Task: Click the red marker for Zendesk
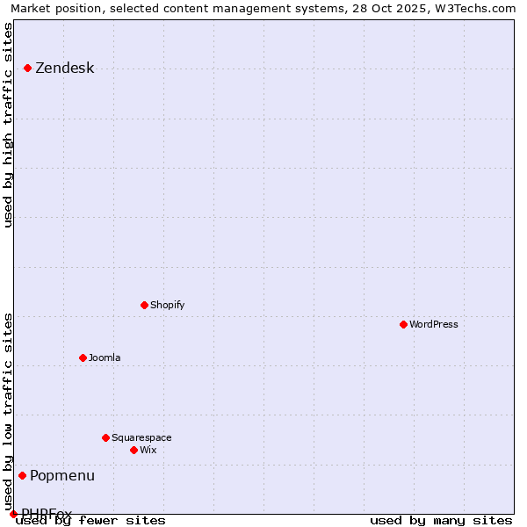point(28,68)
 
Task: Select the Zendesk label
point(64,69)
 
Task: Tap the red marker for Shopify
point(145,305)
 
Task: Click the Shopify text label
point(167,306)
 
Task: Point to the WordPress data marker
point(404,324)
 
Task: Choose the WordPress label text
point(433,325)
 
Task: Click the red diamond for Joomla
point(83,357)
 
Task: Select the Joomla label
point(105,358)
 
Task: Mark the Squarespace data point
point(106,437)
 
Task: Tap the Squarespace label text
point(141,438)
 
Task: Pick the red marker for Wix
point(134,450)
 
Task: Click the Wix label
point(148,451)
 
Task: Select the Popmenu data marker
point(23,475)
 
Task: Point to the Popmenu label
point(62,476)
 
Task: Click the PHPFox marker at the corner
point(13,514)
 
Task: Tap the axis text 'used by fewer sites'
point(90,521)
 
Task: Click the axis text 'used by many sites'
point(441,521)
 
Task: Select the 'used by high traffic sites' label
point(9,125)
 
